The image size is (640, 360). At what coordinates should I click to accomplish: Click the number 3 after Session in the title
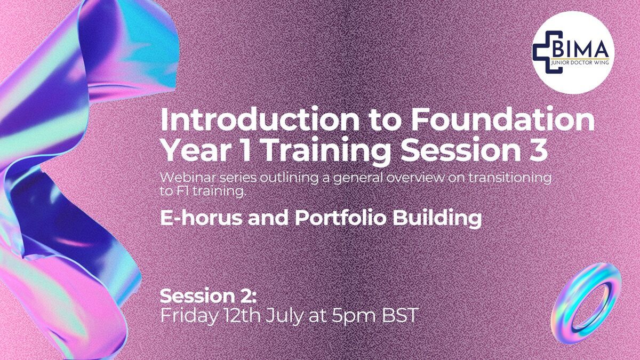(539, 150)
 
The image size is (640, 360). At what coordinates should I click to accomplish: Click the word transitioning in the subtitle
(509, 178)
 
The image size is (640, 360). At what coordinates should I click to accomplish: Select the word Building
(437, 219)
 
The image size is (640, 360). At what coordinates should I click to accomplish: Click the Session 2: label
(208, 296)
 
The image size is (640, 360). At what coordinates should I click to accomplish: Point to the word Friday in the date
(188, 316)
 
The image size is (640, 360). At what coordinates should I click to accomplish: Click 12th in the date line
(242, 315)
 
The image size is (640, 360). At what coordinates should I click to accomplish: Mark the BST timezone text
(401, 315)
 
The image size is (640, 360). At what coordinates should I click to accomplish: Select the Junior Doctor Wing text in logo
(580, 62)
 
